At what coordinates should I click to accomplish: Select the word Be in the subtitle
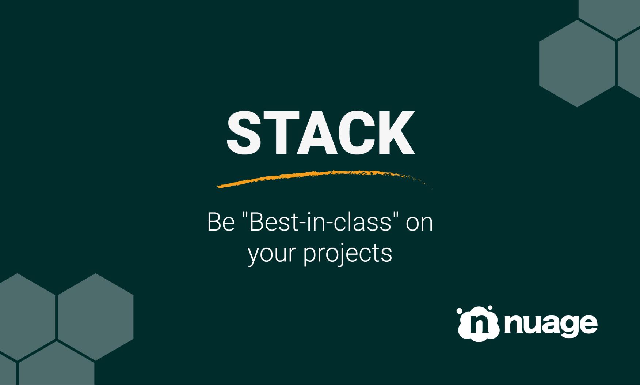click(220, 222)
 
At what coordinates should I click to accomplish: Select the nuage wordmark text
click(551, 325)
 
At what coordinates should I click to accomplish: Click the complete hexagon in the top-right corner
click(577, 63)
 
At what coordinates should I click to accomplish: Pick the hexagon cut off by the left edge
click(22, 317)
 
